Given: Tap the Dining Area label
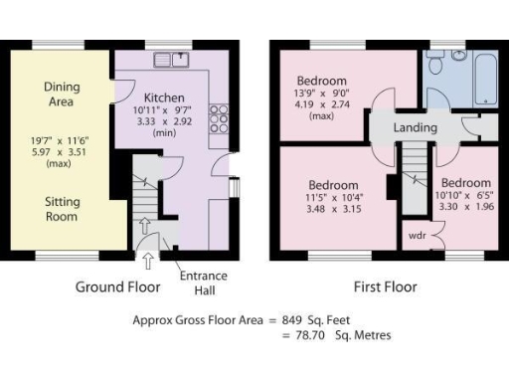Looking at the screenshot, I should coord(63,95).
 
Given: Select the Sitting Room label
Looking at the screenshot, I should coord(63,208).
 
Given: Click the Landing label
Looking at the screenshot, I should coord(415,127).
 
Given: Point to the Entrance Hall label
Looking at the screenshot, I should coord(204,283).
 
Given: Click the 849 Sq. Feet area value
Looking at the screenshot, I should coord(323,320).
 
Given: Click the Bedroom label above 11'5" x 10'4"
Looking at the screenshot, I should coord(333,185).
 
